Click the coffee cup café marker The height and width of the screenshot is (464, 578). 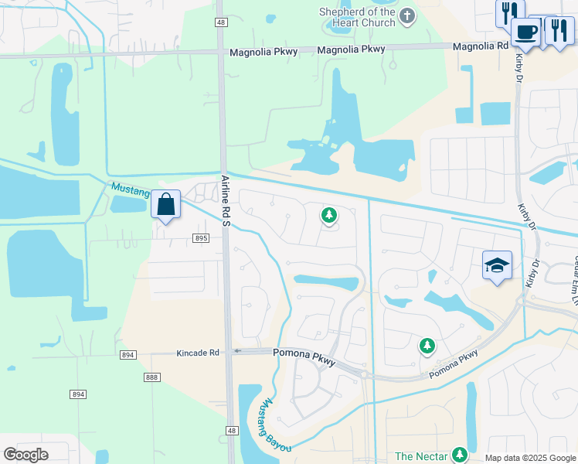(x=525, y=33)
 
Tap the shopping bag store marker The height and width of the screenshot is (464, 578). (x=165, y=205)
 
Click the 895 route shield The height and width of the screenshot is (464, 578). (x=201, y=238)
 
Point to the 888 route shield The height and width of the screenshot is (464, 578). (x=151, y=377)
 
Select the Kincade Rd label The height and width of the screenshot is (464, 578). (x=199, y=353)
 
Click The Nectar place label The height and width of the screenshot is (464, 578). (x=421, y=456)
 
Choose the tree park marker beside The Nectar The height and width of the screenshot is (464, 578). (x=460, y=454)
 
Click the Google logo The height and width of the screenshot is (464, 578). (x=25, y=455)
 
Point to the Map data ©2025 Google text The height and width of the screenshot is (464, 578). (x=530, y=458)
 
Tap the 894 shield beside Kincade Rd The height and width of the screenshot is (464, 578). (x=127, y=355)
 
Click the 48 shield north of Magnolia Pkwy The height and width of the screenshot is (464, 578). (x=221, y=22)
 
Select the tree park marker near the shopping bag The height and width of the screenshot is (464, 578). (x=329, y=215)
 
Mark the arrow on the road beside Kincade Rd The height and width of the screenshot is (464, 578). (x=237, y=351)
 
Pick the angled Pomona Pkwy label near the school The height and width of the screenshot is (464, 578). (x=454, y=364)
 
